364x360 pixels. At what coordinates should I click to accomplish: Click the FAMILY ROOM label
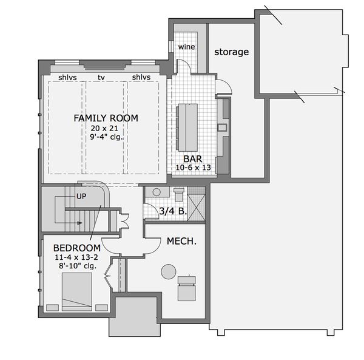point(106,118)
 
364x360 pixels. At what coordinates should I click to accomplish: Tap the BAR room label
point(193,159)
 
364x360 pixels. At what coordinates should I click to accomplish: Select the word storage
point(232,52)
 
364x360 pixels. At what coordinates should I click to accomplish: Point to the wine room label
point(186,47)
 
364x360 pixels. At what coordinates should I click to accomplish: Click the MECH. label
point(181,242)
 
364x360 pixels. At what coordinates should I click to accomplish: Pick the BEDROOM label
point(77,248)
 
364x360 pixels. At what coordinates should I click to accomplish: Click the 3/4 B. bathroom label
point(173,211)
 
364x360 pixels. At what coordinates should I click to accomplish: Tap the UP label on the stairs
point(81,197)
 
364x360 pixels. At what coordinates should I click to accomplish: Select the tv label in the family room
point(101,78)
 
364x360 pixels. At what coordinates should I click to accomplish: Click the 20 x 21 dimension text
point(104,128)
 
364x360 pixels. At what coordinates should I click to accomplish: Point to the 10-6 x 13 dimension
point(193,168)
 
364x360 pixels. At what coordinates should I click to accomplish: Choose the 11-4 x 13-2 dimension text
point(76,257)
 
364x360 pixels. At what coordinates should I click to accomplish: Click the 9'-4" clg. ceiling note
point(106,137)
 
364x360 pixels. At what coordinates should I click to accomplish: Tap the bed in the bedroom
point(77,291)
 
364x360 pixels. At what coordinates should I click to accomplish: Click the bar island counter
point(188,127)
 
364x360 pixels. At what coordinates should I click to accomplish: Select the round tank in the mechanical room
point(169,271)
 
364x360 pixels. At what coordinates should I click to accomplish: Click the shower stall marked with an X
point(196,208)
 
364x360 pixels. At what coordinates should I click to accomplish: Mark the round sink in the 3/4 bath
point(157,192)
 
